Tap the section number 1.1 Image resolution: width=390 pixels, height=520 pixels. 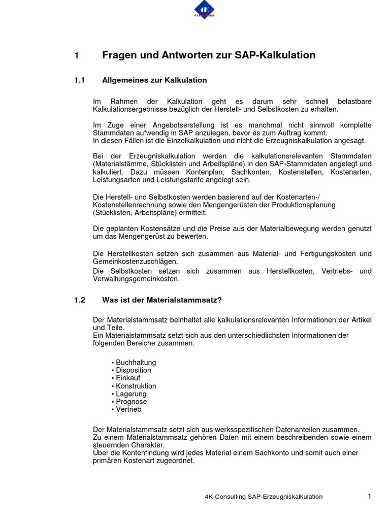coord(78,80)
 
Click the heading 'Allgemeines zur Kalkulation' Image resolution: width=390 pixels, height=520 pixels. coord(154,80)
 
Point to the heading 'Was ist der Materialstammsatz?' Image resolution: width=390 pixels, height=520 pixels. coord(162,300)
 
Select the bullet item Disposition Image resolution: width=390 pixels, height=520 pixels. coord(133,370)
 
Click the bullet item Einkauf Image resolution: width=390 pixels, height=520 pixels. coord(128,378)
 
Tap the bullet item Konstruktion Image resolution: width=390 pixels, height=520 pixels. coord(136,386)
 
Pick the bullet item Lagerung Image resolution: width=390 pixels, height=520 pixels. coord(131,394)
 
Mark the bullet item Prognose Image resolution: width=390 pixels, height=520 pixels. coord(131,401)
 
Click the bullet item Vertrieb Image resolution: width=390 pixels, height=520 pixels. coord(128,409)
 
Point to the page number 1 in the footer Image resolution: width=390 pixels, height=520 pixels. coord(370,496)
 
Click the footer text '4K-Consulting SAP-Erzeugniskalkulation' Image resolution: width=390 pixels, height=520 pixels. coord(260,497)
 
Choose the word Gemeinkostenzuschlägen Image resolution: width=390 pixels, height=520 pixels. coord(136,261)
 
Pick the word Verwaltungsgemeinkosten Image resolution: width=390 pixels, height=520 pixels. coord(136,279)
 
